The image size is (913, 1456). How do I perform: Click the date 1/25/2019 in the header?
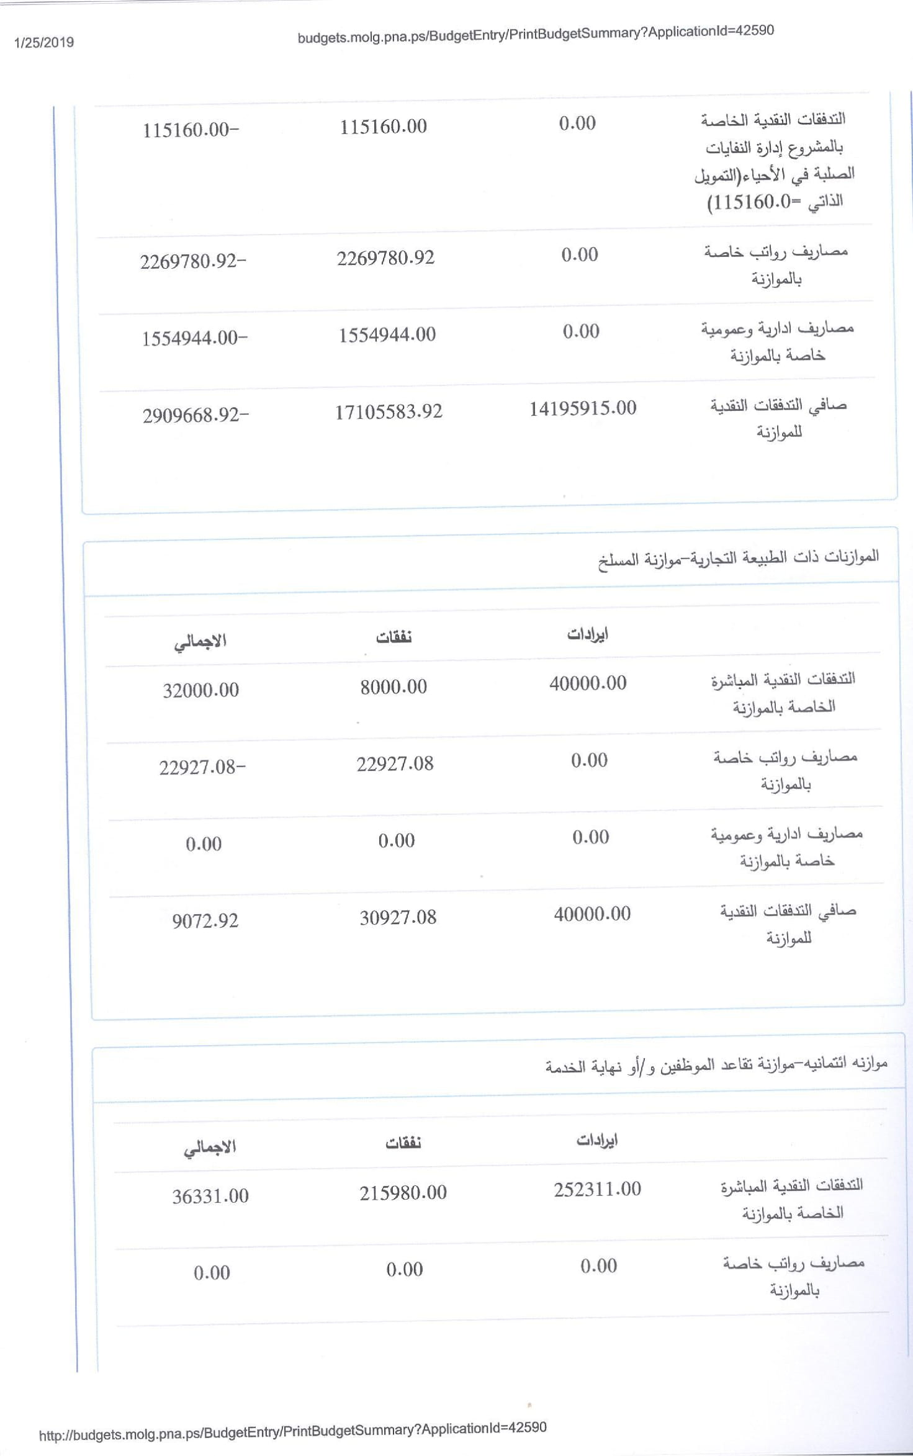tap(44, 42)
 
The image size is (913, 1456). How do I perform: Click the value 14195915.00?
tap(582, 408)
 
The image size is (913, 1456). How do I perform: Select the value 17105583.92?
tap(389, 411)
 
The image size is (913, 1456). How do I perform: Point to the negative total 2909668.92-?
tap(196, 415)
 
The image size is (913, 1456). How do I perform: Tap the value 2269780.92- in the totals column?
tap(193, 261)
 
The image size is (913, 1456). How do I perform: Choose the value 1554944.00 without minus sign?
tap(387, 335)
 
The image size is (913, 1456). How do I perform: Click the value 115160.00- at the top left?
tap(191, 130)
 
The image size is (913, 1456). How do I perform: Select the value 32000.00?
tap(200, 690)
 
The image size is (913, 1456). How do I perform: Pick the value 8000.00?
tap(394, 686)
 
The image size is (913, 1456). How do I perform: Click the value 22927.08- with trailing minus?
tap(202, 768)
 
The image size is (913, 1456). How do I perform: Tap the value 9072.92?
tap(205, 920)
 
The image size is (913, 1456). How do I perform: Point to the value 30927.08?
tap(398, 917)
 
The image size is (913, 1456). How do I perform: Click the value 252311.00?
tap(597, 1189)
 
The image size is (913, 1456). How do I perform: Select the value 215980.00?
tap(403, 1192)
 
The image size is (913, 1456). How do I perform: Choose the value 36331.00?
tap(210, 1196)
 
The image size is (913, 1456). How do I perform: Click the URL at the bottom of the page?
tap(292, 1429)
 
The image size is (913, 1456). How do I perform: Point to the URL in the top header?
tap(536, 34)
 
